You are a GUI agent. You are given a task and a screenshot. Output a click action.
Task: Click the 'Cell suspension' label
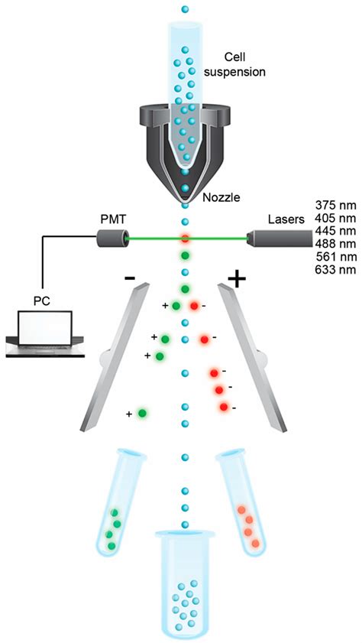(245, 66)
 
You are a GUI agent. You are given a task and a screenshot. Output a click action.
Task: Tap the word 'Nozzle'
(221, 197)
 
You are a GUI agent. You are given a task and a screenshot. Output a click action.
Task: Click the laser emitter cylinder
(273, 239)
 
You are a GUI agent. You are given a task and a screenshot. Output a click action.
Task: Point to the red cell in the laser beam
(184, 239)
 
